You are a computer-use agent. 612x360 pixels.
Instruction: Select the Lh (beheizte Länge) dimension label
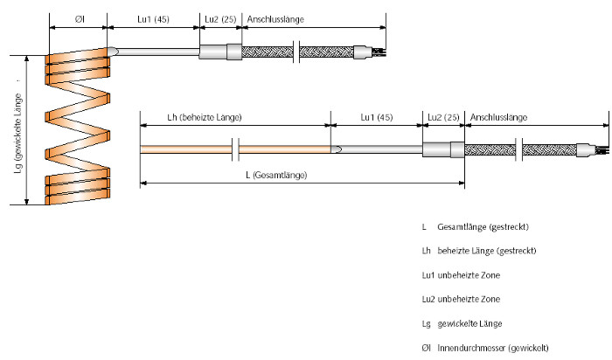[x=204, y=116]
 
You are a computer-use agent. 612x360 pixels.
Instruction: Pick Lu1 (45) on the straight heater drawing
[x=377, y=116]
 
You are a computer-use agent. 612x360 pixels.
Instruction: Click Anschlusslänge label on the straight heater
[x=498, y=116]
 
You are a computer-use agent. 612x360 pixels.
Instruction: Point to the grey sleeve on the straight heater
[x=443, y=150]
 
